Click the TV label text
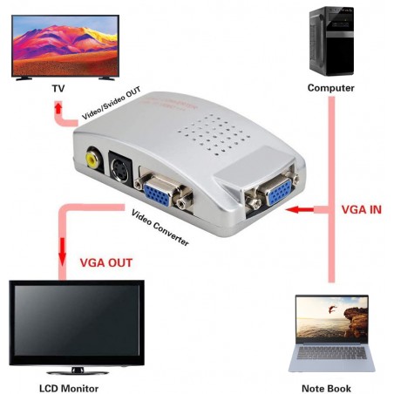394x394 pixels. (x=57, y=87)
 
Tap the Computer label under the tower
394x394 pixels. (x=330, y=88)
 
